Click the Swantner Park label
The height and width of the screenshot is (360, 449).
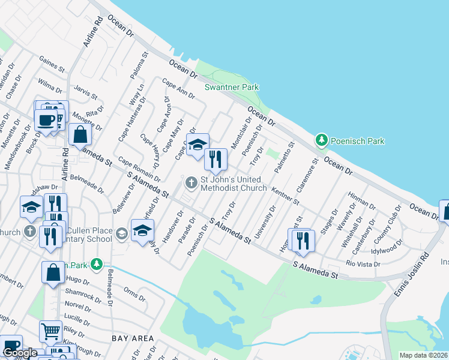tap(232, 87)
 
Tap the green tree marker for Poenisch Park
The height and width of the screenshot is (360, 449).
tap(322, 140)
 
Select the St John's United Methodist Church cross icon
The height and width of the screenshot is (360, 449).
tap(191, 182)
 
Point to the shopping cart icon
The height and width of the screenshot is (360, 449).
tap(50, 330)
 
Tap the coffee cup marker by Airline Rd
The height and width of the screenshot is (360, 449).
tap(46, 120)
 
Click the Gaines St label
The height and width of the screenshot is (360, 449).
tap(52, 63)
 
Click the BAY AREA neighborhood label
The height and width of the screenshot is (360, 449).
tap(133, 338)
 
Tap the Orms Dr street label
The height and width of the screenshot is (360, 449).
tap(131, 291)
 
